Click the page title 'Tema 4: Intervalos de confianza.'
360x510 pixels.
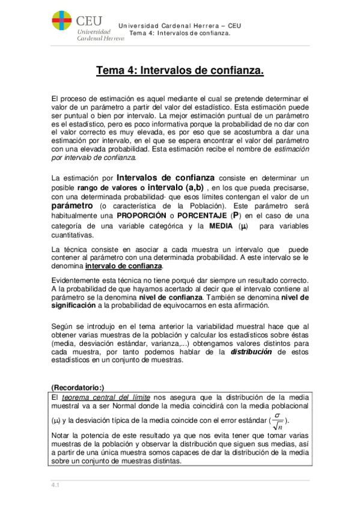(x=180, y=71)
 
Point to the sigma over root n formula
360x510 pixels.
(x=277, y=420)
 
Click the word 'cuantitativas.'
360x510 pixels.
(x=73, y=235)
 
